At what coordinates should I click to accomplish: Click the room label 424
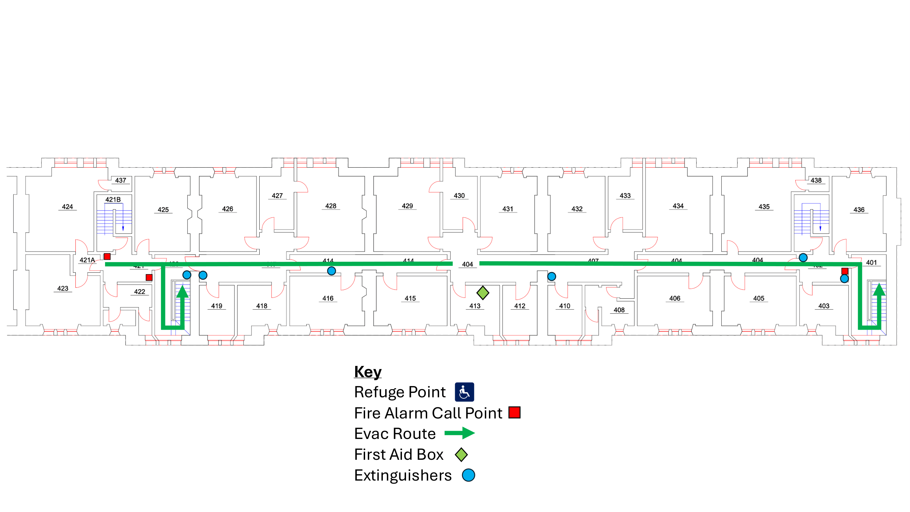(x=68, y=207)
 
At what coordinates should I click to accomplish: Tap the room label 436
(x=859, y=210)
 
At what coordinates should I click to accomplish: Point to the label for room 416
(x=328, y=298)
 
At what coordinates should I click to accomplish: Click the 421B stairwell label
(x=113, y=199)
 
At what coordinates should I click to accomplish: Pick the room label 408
(x=619, y=310)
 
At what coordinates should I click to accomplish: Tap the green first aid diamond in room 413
(x=482, y=293)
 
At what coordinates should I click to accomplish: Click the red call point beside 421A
(x=107, y=257)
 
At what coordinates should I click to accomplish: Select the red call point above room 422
(x=149, y=278)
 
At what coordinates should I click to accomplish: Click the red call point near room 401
(x=844, y=271)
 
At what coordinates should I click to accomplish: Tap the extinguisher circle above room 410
(x=551, y=276)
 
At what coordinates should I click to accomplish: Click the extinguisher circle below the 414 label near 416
(x=331, y=271)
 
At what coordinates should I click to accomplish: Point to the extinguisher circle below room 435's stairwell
(x=803, y=258)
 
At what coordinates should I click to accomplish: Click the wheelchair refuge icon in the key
(x=464, y=392)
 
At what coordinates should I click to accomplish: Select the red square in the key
(x=514, y=412)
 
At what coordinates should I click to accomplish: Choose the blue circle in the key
(x=468, y=475)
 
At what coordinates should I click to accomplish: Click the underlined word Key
(x=368, y=372)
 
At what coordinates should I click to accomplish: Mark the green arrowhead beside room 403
(x=879, y=289)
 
